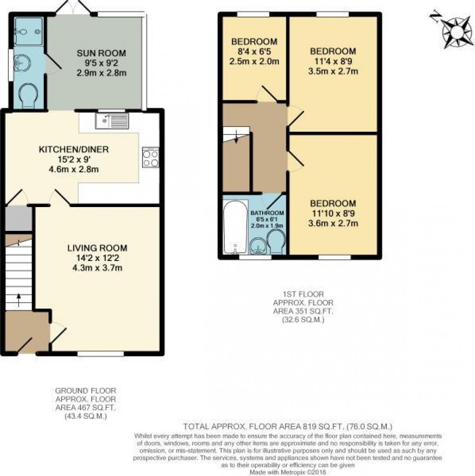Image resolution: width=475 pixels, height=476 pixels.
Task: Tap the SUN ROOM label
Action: (x=101, y=53)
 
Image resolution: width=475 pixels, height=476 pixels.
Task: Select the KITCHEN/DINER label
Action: (x=74, y=149)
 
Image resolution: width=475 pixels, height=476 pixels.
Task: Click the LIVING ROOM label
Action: (x=97, y=248)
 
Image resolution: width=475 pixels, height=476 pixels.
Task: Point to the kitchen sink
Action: (x=112, y=121)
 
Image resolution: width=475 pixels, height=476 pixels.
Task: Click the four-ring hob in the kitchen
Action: (x=150, y=157)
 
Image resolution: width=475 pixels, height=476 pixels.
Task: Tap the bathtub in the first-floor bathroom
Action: (x=235, y=227)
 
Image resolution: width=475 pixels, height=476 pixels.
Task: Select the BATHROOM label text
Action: (x=267, y=213)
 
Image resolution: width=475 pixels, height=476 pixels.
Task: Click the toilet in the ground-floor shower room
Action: (x=28, y=95)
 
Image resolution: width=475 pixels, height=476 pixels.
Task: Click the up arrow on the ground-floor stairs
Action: (x=19, y=300)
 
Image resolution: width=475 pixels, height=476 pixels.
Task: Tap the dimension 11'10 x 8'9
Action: (x=333, y=214)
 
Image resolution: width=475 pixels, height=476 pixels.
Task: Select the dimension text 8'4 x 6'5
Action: (x=254, y=51)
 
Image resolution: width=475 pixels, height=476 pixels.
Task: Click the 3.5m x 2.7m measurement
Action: (x=333, y=71)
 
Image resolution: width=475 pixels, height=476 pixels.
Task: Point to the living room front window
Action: (x=101, y=353)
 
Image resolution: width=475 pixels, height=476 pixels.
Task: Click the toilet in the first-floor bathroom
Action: (x=276, y=241)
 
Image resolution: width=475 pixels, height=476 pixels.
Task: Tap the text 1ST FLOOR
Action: (x=303, y=294)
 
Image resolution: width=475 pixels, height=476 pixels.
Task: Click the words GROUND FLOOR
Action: (x=86, y=390)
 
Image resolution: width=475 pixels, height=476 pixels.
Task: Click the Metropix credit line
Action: (x=288, y=472)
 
